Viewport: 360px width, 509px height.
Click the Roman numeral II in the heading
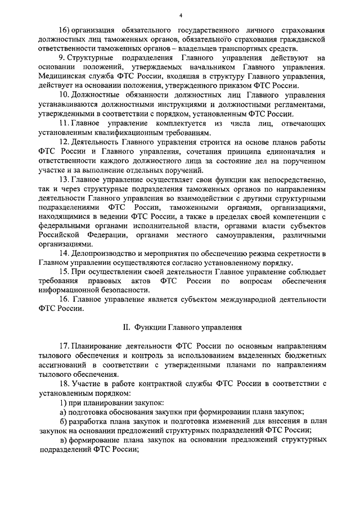[126, 327]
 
